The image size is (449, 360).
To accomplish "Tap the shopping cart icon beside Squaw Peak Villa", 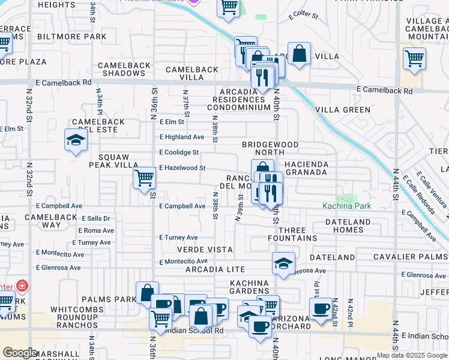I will pyautogui.click(x=144, y=178).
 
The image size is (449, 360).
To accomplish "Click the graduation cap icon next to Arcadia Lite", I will pyautogui.click(x=284, y=262).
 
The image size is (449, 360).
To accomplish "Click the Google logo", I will pyautogui.click(x=19, y=353).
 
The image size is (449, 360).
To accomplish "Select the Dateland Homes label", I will pyautogui.click(x=348, y=226).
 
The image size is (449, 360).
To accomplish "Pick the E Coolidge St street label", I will pyautogui.click(x=179, y=152).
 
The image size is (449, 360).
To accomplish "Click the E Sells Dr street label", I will pyautogui.click(x=94, y=219).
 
